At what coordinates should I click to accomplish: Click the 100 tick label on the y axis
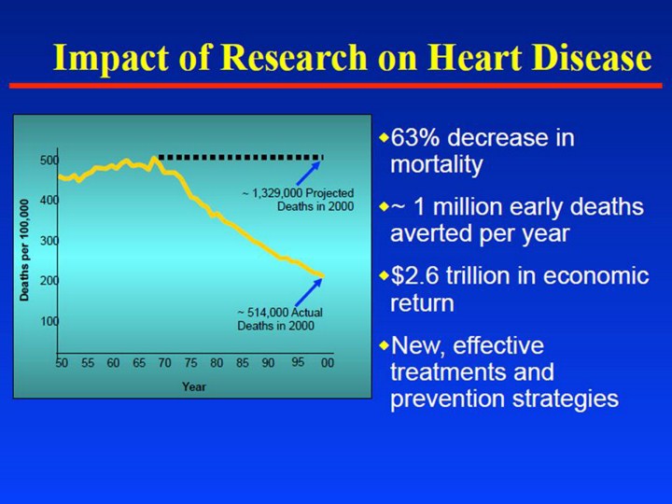pyautogui.click(x=49, y=321)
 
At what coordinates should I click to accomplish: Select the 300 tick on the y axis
pyautogui.click(x=49, y=241)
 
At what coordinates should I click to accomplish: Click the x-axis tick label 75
pyautogui.click(x=190, y=363)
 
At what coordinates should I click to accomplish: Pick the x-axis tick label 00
pyautogui.click(x=327, y=363)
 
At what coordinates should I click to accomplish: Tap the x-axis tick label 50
pyautogui.click(x=62, y=363)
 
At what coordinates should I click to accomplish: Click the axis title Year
pyautogui.click(x=194, y=385)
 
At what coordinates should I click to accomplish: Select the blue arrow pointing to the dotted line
pyautogui.click(x=309, y=174)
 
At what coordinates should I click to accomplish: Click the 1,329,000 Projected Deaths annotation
pyautogui.click(x=298, y=200)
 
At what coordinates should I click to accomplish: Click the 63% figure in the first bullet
pyautogui.click(x=414, y=138)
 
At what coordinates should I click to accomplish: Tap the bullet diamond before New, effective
pyautogui.click(x=384, y=345)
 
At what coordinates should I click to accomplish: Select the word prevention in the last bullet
pyautogui.click(x=444, y=399)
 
